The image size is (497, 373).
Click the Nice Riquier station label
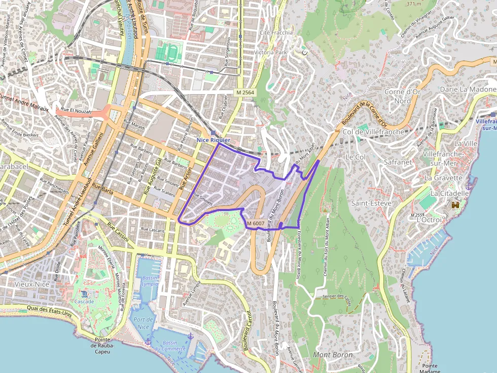click(x=213, y=140)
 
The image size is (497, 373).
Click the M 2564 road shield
click(x=245, y=93)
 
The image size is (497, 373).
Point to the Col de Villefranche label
click(x=374, y=132)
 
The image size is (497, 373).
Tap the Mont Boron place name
click(x=332, y=355)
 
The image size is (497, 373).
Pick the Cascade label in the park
click(x=84, y=302)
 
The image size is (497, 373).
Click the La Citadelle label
click(x=449, y=193)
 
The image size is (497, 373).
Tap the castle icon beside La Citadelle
click(x=455, y=205)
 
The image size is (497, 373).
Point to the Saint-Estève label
click(x=371, y=203)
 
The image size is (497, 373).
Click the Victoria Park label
click(x=271, y=52)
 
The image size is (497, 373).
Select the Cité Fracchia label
click(x=276, y=32)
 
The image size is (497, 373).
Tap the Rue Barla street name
click(x=103, y=190)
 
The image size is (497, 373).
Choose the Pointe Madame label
click(x=429, y=368)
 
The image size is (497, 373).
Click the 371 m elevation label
click(x=414, y=4)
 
